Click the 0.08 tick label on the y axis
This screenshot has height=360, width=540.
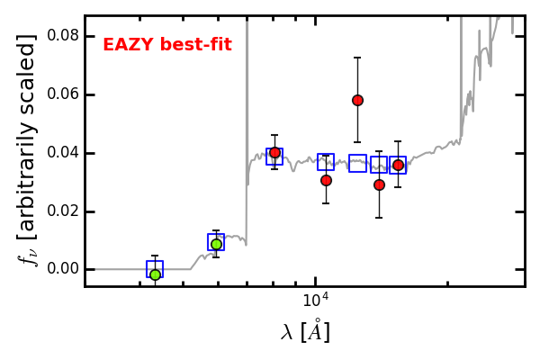62,35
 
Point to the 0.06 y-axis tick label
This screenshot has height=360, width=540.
62,94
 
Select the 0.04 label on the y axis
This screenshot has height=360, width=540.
62,153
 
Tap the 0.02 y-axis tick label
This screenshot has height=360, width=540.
62,211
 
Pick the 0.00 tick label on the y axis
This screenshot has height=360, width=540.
62,269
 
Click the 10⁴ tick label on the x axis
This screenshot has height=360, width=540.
316,301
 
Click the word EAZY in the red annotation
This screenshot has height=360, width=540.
129,45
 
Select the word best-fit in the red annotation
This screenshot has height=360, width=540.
196,45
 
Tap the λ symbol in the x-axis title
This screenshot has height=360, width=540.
287,332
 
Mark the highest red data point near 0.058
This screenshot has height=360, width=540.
357,101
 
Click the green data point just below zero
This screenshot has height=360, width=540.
156,274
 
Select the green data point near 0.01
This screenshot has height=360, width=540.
216,244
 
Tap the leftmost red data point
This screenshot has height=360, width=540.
274,153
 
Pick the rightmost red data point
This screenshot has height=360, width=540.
398,166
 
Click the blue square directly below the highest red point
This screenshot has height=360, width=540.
357,163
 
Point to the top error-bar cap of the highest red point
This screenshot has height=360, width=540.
357,58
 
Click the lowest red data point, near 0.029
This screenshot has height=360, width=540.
379,185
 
